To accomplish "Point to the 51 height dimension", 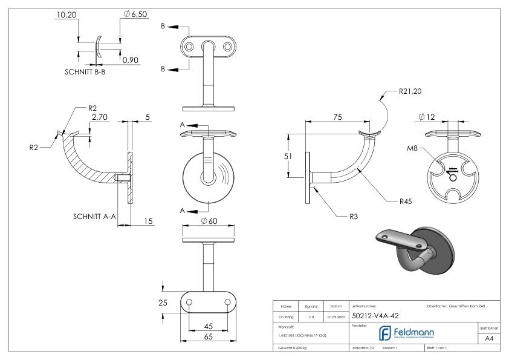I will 289,156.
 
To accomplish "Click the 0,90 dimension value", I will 130,60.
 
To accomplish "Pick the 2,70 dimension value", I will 100,117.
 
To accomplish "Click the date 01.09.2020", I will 336,315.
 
